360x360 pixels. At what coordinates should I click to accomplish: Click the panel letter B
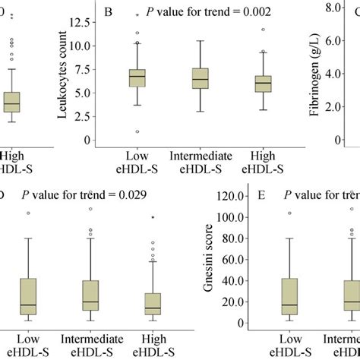[x=109, y=13]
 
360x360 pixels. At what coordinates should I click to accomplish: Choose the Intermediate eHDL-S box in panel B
[x=201, y=79]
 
